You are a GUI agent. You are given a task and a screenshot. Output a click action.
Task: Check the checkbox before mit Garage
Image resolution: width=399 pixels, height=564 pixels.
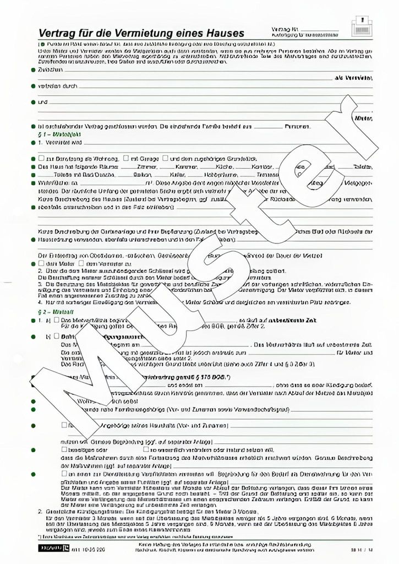pyautogui.click(x=127, y=158)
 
